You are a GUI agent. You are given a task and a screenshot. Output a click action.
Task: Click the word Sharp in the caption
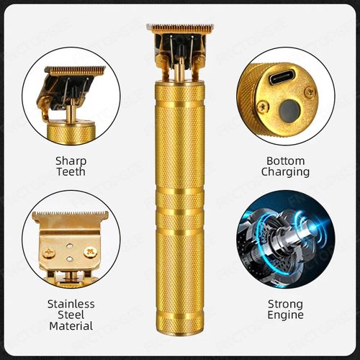click(x=71, y=161)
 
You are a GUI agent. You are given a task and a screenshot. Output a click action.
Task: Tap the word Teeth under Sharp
click(x=71, y=172)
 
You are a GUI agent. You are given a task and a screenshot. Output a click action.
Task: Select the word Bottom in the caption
click(x=286, y=161)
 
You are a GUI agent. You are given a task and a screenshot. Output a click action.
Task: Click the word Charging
click(x=285, y=172)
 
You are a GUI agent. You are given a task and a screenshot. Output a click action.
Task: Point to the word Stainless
click(x=71, y=304)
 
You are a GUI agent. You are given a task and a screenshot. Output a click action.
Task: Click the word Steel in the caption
click(x=71, y=315)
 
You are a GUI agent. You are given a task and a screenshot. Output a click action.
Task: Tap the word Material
click(x=71, y=326)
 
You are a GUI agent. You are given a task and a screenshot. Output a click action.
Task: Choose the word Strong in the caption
click(x=285, y=305)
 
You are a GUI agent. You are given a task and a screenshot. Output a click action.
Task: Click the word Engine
click(x=285, y=315)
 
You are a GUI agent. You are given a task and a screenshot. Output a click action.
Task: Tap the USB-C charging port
click(x=282, y=77)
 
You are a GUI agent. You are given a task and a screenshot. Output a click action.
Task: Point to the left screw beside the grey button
click(x=262, y=107)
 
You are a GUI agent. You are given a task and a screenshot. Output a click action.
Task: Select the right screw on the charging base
click(x=310, y=91)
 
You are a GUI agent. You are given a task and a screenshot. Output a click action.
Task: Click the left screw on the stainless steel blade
click(x=49, y=252)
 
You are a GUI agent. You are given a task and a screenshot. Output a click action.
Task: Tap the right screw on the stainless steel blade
click(x=91, y=252)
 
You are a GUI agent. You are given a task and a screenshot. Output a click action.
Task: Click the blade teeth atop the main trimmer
click(x=181, y=27)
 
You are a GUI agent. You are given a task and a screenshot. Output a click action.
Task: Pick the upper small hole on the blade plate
click(x=70, y=246)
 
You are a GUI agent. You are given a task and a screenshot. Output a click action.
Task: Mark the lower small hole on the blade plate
click(x=70, y=258)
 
